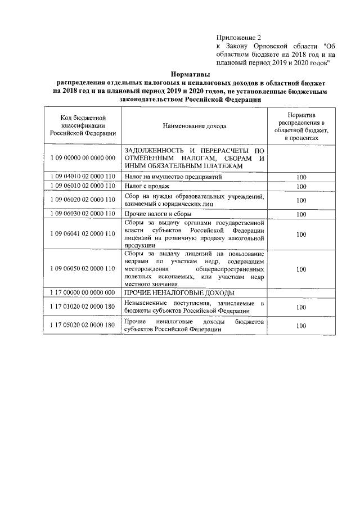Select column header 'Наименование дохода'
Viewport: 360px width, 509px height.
tap(195, 127)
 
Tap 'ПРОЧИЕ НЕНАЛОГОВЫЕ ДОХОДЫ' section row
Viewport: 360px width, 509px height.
tap(179, 293)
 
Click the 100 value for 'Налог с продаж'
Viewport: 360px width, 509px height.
tap(301, 186)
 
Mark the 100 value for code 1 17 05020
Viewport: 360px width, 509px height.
tap(301, 325)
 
